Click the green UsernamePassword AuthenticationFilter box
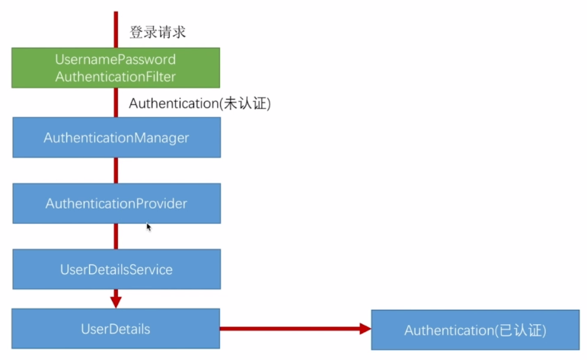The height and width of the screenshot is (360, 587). pyautogui.click(x=116, y=67)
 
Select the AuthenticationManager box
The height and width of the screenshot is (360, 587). pyautogui.click(x=116, y=138)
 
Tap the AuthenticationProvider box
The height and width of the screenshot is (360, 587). pyautogui.click(x=116, y=203)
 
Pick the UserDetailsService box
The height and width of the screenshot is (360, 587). pyautogui.click(x=116, y=269)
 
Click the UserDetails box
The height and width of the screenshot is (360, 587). pyautogui.click(x=116, y=329)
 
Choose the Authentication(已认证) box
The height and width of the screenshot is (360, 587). pyautogui.click(x=475, y=330)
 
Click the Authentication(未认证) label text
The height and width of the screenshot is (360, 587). pyautogui.click(x=199, y=104)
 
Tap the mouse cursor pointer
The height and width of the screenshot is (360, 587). pyautogui.click(x=148, y=226)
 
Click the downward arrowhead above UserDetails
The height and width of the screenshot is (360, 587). pyautogui.click(x=116, y=301)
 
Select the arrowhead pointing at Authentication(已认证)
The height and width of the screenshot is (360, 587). pyautogui.click(x=365, y=329)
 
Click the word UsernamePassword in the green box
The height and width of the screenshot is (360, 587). pyautogui.click(x=116, y=59)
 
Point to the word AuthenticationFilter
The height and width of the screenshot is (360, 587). pyautogui.click(x=116, y=76)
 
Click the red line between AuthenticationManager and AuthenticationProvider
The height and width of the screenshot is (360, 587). pyautogui.click(x=116, y=170)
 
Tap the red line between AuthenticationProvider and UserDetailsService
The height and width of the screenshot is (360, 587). pyautogui.click(x=116, y=236)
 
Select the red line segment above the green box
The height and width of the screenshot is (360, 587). pyautogui.click(x=116, y=29)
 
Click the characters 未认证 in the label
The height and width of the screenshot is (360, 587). pyautogui.click(x=244, y=104)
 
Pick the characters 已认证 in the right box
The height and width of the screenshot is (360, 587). pyautogui.click(x=521, y=330)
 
